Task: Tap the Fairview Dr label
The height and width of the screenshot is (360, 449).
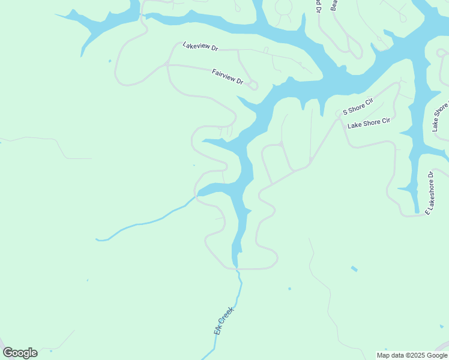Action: tap(228, 76)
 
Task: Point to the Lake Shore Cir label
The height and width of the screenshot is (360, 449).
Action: tap(369, 122)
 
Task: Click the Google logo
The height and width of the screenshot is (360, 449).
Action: tap(20, 353)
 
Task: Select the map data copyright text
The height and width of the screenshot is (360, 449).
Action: tap(412, 355)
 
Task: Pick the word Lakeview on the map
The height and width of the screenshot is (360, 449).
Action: tap(194, 45)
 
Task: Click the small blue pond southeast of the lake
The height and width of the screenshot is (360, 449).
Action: tap(354, 268)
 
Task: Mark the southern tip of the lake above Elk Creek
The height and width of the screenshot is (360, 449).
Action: tap(235, 264)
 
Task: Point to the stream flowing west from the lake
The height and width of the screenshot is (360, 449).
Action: tap(144, 223)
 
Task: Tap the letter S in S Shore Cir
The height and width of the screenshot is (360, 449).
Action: tap(345, 112)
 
